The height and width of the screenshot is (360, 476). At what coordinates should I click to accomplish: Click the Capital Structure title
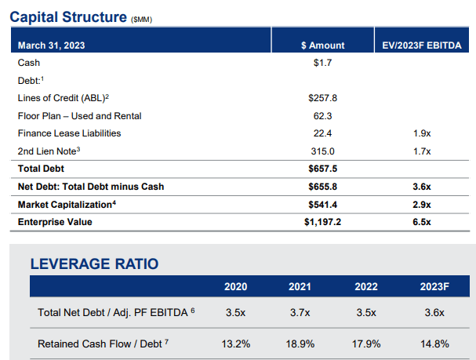68,17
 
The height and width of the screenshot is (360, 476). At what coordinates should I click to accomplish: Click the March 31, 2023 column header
51,45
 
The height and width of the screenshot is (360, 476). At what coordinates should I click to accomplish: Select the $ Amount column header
323,45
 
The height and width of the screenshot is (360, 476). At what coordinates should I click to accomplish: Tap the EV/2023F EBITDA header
422,45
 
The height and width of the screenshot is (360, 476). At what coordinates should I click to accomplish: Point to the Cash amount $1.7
323,63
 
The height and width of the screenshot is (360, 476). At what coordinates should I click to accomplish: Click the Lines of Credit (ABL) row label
64,98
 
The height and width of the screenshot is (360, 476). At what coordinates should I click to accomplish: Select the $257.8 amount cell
323,98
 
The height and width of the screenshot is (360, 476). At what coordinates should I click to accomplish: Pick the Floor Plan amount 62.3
323,116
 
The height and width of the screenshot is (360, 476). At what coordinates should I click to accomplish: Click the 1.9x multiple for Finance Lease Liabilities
422,133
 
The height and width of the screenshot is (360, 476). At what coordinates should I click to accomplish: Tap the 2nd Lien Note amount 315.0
323,151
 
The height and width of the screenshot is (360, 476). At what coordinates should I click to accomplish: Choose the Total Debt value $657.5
323,169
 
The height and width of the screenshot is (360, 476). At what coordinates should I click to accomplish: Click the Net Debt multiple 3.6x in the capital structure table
422,187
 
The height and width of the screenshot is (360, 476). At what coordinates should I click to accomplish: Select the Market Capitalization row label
67,205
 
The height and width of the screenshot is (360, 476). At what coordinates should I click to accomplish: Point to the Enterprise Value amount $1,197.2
323,222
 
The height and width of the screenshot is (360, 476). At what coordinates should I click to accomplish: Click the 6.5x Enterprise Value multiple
422,222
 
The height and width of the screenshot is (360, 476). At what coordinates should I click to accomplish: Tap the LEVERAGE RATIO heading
94,264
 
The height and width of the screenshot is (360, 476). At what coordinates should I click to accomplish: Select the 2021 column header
300,286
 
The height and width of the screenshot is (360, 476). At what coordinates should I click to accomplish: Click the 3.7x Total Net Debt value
300,312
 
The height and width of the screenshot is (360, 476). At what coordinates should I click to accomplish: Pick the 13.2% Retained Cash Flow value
236,344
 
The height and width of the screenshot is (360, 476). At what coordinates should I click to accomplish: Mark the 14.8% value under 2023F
434,344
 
